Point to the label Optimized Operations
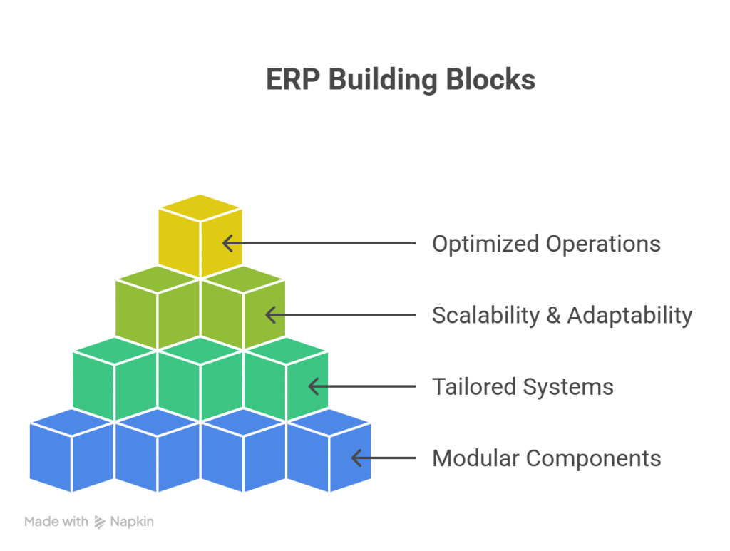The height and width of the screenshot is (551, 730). pos(546,244)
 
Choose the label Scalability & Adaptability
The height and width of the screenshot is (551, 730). pos(562,315)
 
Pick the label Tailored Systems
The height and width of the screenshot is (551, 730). pos(523,386)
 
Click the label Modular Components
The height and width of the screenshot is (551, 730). pos(547,458)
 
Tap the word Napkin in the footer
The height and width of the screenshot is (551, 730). pos(132,522)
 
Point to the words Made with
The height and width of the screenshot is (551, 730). pos(56,522)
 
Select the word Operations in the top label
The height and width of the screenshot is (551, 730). pos(603,244)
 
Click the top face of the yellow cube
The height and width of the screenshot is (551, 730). pos(200,207)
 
